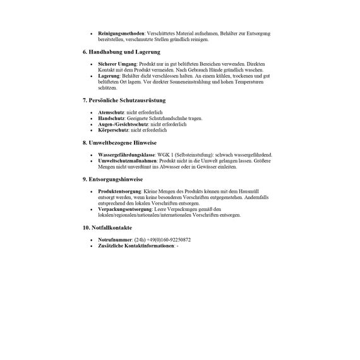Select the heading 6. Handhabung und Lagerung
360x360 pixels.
click(121, 52)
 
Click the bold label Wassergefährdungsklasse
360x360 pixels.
click(127, 155)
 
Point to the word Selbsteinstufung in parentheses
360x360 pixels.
click(198, 155)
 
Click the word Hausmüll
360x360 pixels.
click(256, 191)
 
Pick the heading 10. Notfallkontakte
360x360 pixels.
click(111, 227)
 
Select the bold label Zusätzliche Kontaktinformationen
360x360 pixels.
click(136, 246)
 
